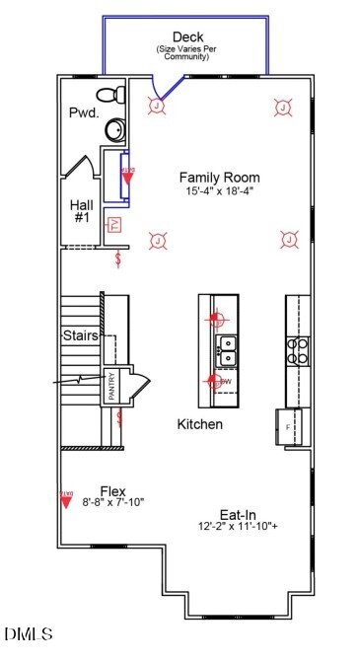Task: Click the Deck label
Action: [x=186, y=36]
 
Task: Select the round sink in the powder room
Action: [x=115, y=129]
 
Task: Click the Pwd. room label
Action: [x=83, y=113]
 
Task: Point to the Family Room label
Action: [x=219, y=177]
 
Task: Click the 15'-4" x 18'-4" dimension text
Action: [x=218, y=190]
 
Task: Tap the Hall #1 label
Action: [x=81, y=211]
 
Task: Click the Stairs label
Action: [x=80, y=335]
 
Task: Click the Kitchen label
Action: [x=199, y=424]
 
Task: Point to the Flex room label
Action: [x=112, y=490]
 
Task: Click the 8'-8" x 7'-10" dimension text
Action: [x=111, y=502]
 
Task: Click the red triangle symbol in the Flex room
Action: [x=67, y=500]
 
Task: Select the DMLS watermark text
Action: [x=29, y=632]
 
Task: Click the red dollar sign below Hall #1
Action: [x=119, y=259]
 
